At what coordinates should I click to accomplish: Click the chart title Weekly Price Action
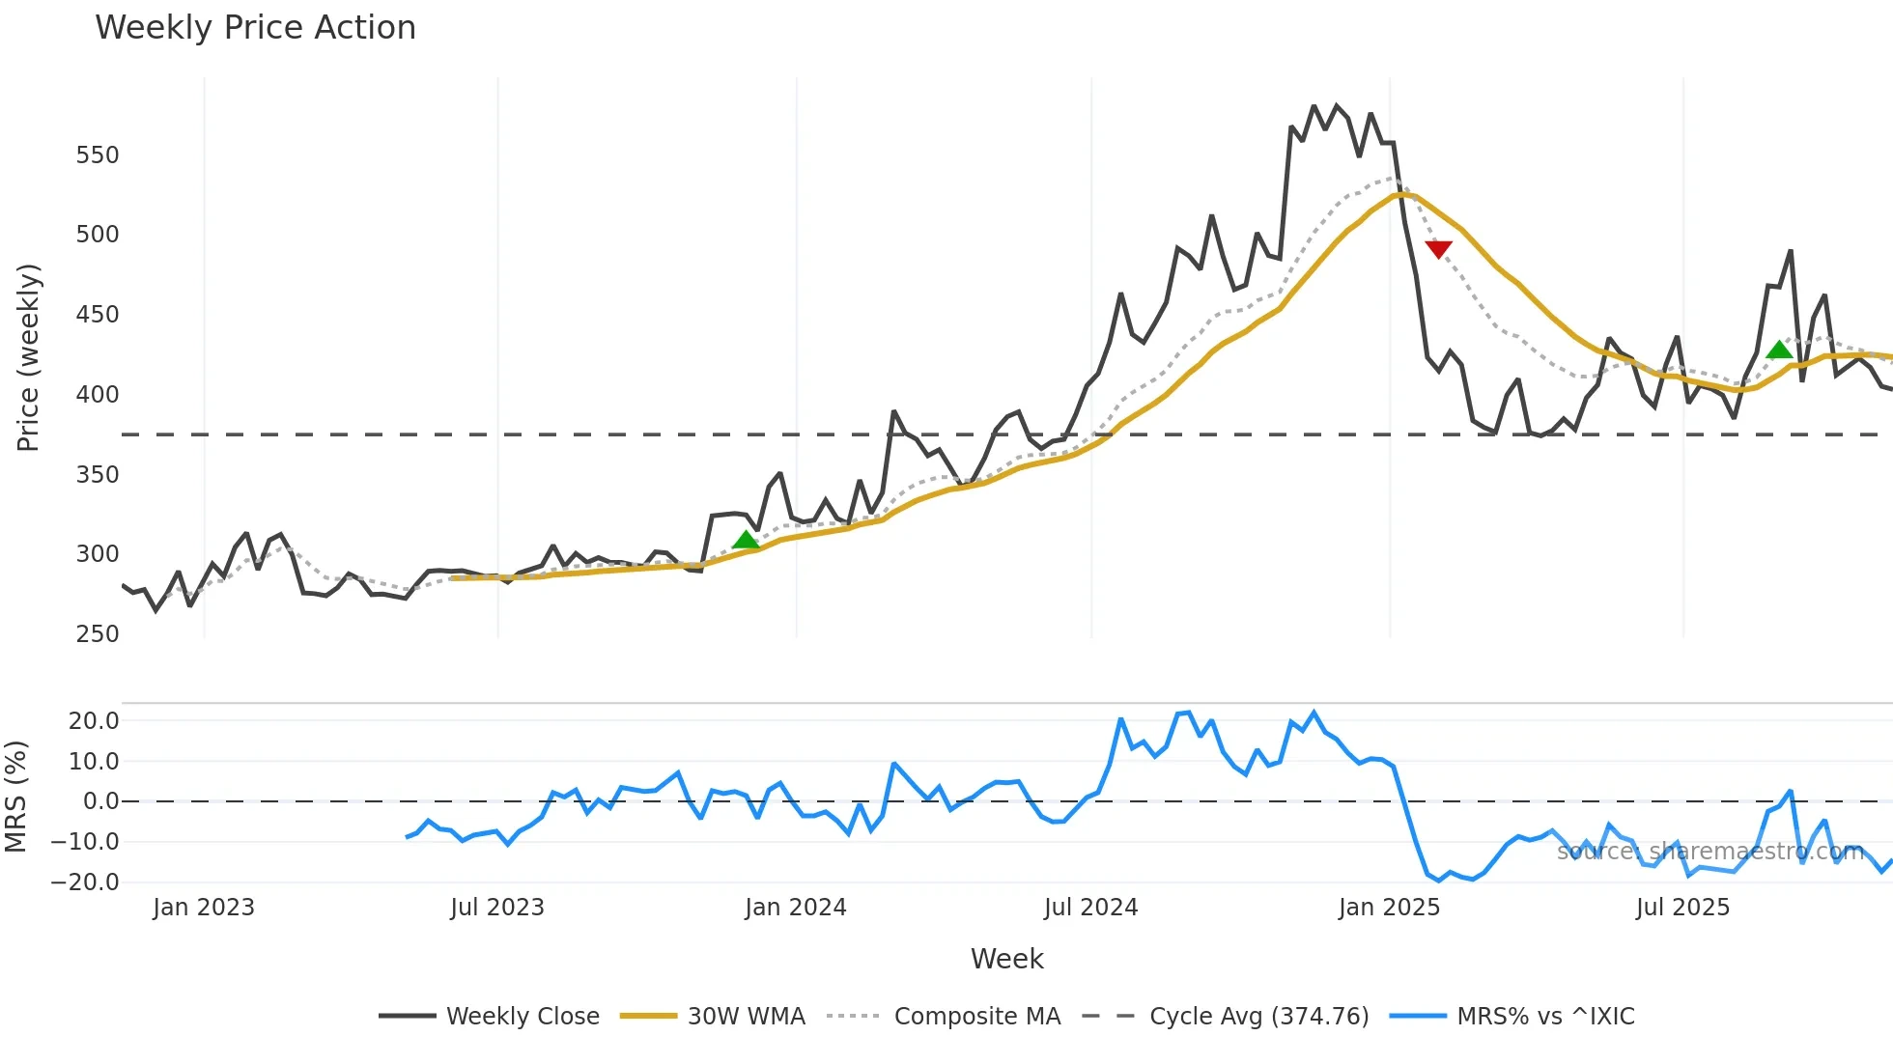[x=255, y=28]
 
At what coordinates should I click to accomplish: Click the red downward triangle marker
[x=1438, y=249]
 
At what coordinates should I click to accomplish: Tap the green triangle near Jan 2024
[x=746, y=540]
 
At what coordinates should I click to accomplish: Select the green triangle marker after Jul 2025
[x=1779, y=350]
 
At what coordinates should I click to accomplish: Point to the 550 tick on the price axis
[x=98, y=155]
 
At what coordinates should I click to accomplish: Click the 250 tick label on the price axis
[x=98, y=634]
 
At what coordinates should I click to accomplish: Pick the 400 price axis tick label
[x=98, y=395]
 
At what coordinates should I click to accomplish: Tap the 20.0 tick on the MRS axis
[x=94, y=721]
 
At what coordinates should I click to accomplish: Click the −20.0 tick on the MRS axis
[x=86, y=882]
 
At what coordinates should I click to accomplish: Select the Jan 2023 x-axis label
[x=204, y=908]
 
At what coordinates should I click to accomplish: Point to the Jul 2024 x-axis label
[x=1090, y=908]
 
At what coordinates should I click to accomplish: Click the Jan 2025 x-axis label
[x=1389, y=908]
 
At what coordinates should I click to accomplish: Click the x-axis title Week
[x=1006, y=959]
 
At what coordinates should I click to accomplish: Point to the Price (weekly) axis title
[x=28, y=357]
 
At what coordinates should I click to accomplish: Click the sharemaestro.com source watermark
[x=1709, y=852]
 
